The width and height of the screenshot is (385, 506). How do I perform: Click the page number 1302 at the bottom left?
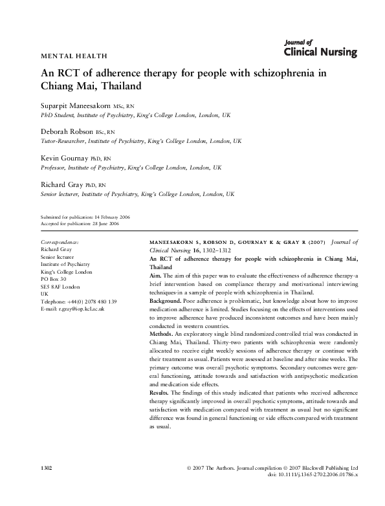click(45, 467)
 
